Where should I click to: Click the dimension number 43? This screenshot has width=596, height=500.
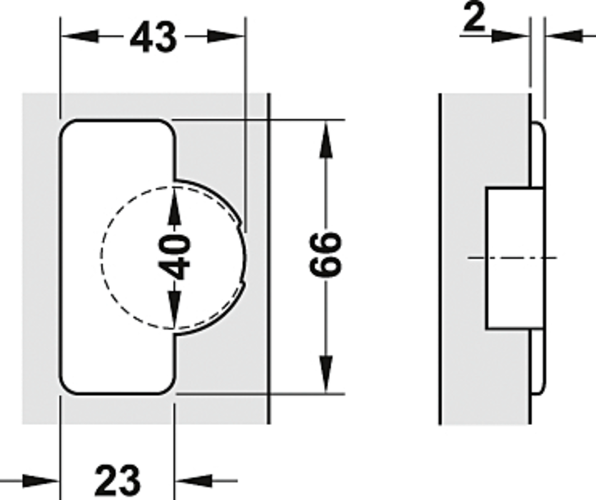(153, 37)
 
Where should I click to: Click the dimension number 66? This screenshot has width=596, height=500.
(325, 254)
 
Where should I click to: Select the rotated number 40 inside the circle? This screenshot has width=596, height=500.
(174, 256)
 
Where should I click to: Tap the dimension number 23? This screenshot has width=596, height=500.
(118, 479)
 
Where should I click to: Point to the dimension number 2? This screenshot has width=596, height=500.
(475, 17)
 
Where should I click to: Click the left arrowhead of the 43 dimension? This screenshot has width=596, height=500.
(80, 36)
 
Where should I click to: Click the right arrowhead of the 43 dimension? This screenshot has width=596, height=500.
(226, 36)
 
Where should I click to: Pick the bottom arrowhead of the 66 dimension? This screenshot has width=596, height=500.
(325, 374)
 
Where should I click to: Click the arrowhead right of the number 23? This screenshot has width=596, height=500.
(193, 481)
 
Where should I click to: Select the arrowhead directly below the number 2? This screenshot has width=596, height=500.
(510, 36)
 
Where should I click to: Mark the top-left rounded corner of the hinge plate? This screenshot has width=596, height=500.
(68, 127)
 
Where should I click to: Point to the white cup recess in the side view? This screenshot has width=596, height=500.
(515, 258)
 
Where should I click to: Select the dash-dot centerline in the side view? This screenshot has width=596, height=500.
(512, 258)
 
